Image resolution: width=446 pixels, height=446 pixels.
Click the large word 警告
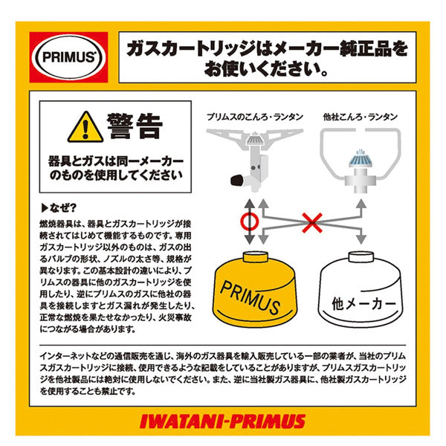pyautogui.click(x=134, y=125)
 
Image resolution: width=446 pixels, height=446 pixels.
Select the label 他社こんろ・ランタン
pyautogui.click(x=361, y=117)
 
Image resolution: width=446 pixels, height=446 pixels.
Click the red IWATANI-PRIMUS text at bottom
pyautogui.click(x=222, y=421)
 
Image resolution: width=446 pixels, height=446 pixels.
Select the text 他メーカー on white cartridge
pyautogui.click(x=360, y=305)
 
